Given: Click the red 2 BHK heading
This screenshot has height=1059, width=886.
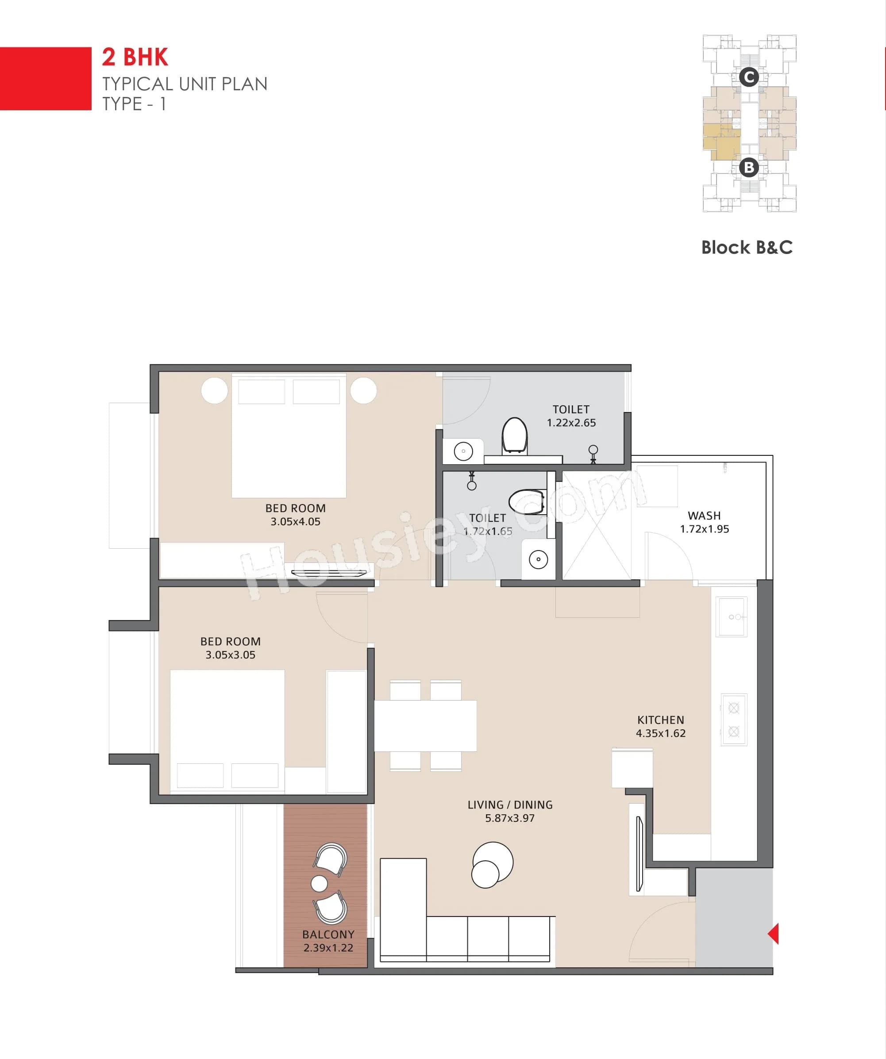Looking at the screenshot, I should (135, 57).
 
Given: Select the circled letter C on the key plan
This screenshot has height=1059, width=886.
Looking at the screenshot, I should (749, 77).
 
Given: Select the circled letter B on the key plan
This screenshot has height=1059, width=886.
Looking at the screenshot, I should (749, 167).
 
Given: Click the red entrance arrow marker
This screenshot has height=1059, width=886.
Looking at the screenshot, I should (774, 933).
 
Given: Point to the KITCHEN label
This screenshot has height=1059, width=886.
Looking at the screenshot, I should (660, 720).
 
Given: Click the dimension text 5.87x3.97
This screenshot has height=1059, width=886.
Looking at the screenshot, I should (509, 818).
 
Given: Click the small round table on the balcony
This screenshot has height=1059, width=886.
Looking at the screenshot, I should (319, 883).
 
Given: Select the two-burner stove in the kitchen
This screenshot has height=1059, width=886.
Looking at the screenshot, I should (734, 720).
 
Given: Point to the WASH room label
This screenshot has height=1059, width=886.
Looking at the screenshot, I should (704, 516).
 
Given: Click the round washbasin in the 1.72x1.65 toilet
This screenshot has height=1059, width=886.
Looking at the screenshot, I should (538, 559).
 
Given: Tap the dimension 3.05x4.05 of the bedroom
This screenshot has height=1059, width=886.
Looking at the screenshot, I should (295, 521).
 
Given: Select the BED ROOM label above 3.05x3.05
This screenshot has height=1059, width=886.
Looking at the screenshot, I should (231, 641).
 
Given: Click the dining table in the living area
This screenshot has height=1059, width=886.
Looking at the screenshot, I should (425, 726).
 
